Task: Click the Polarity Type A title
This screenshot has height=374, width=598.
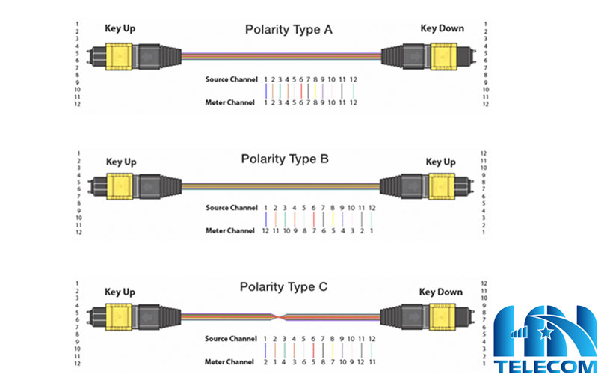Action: (x=289, y=30)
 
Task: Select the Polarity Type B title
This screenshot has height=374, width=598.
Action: (x=285, y=159)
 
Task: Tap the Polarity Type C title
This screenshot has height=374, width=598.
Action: (x=284, y=287)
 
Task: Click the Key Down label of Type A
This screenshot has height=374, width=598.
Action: (x=442, y=28)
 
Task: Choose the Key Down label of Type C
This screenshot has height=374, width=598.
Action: (x=441, y=292)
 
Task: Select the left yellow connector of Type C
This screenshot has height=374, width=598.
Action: (x=118, y=316)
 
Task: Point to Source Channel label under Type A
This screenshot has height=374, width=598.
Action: (x=232, y=79)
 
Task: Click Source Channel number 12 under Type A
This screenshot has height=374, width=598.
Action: (x=353, y=79)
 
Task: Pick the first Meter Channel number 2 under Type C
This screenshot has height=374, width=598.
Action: (x=266, y=361)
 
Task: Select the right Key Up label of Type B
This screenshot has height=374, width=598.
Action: (x=440, y=162)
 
